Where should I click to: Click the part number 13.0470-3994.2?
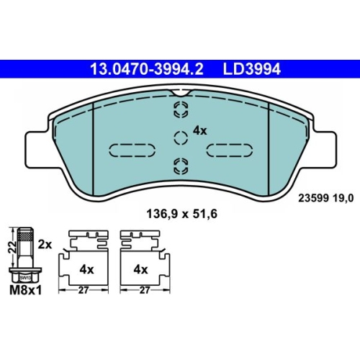pyautogui.click(x=146, y=69)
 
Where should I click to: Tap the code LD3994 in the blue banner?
pyautogui.click(x=252, y=69)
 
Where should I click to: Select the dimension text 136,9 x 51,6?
pyautogui.click(x=181, y=214)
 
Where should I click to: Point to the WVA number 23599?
pyautogui.click(x=313, y=198)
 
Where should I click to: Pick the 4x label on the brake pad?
pyautogui.click(x=200, y=131)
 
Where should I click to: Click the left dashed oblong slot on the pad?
pyautogui.click(x=132, y=150)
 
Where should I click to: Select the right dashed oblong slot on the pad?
pyautogui.click(x=230, y=150)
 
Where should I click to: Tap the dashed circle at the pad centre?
pyautogui.click(x=181, y=138)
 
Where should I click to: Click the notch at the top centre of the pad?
pyautogui.click(x=181, y=93)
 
